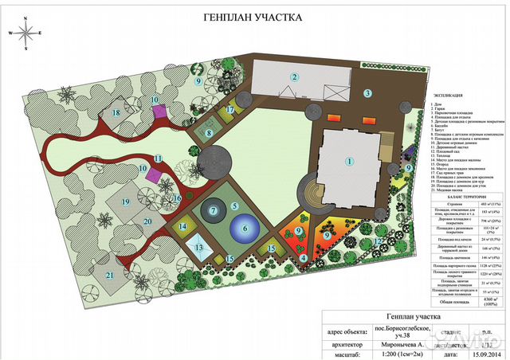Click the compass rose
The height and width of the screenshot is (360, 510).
pos(26,35)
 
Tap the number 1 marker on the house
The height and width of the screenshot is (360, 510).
pos(348,161)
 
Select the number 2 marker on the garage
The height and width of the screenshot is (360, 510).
pos(294,77)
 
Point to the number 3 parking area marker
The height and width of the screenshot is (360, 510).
pos(367,93)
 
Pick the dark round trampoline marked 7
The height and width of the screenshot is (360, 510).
pos(213,211)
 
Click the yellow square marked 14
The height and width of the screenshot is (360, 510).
pos(182,227)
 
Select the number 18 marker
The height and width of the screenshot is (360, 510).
pos(116,113)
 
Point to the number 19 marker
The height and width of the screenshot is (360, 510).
pos(126,202)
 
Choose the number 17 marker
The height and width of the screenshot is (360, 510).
pos(229,110)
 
